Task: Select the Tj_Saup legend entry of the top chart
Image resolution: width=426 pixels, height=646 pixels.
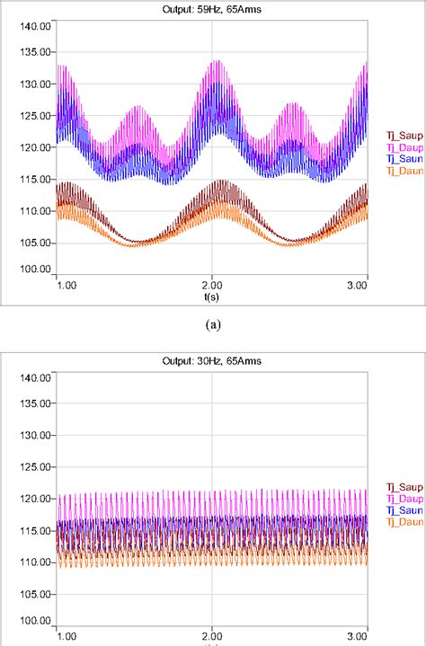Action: (x=402, y=137)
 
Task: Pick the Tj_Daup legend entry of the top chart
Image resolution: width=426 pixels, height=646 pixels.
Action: (x=402, y=147)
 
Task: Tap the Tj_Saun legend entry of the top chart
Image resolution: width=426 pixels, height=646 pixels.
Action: (x=402, y=159)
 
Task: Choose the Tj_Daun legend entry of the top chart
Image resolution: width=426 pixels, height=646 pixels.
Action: (x=402, y=171)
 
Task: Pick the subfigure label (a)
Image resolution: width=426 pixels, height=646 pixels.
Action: (x=212, y=319)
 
